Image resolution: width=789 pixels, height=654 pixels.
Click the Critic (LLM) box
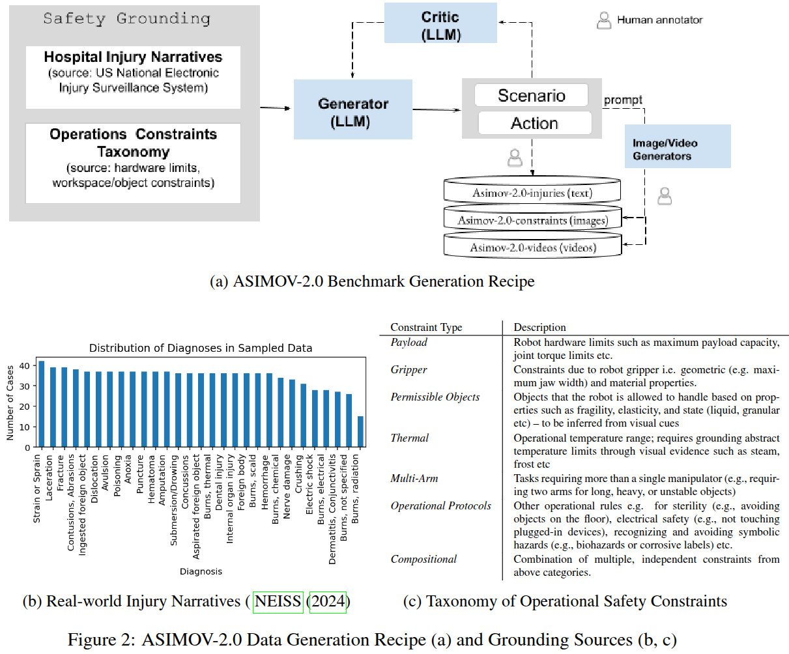tap(440, 25)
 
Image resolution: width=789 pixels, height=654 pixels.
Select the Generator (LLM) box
tap(352, 111)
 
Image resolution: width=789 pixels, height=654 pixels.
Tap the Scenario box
tap(531, 96)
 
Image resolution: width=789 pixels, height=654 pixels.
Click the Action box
tap(534, 123)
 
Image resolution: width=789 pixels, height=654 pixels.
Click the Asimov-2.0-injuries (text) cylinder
tap(532, 193)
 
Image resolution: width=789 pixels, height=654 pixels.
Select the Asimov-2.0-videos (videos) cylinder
tap(532, 248)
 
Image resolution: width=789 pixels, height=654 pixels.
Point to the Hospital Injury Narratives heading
tap(133, 57)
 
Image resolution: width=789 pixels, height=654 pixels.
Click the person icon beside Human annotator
tap(604, 20)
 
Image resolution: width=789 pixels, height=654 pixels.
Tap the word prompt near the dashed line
tap(623, 100)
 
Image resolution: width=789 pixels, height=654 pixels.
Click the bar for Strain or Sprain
tap(42, 404)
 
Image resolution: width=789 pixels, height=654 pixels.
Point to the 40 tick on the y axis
tap(23, 365)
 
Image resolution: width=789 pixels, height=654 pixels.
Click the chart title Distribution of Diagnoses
tap(200, 348)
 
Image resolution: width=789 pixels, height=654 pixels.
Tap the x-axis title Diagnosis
tap(201, 571)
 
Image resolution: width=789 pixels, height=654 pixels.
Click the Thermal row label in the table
tap(410, 438)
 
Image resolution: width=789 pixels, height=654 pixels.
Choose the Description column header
tap(539, 327)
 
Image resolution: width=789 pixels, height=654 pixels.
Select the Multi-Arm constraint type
tap(414, 478)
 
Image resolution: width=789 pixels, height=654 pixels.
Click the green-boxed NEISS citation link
tap(278, 601)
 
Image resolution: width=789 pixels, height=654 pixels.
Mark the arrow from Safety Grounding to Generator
tap(276, 107)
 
